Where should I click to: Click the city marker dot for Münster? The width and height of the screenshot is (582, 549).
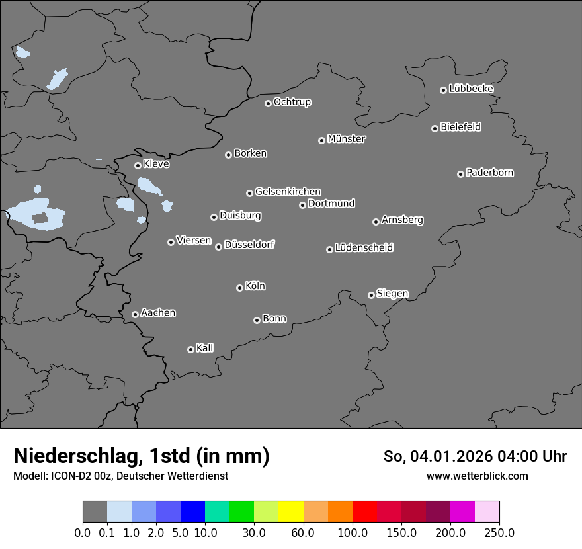coord(321,140)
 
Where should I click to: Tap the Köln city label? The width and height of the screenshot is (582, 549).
coord(255,286)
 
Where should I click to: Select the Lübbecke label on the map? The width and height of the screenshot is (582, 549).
coord(471,89)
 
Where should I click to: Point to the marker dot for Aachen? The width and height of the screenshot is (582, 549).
coord(135,314)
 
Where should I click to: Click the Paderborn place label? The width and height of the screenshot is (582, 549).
coord(489,173)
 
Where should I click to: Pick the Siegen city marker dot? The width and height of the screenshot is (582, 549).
coord(371,295)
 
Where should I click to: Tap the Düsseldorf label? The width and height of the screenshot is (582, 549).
coord(249,245)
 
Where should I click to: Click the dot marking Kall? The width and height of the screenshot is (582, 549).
coord(190,349)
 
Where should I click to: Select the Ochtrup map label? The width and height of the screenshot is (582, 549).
coord(292,102)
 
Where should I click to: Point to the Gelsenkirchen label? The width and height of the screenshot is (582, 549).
coord(288,192)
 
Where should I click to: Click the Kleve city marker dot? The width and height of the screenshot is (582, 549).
coord(138,165)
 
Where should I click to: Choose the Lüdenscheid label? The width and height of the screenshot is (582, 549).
coord(364,248)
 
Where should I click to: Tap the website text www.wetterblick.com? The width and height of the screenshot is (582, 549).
coord(477,476)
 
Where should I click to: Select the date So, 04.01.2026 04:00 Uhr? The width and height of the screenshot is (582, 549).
coord(474,456)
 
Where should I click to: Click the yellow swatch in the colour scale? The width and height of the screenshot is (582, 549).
coord(291,512)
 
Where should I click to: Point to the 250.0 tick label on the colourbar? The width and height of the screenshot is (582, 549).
coord(499,533)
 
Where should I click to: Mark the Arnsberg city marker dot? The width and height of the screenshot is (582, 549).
coord(376,222)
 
